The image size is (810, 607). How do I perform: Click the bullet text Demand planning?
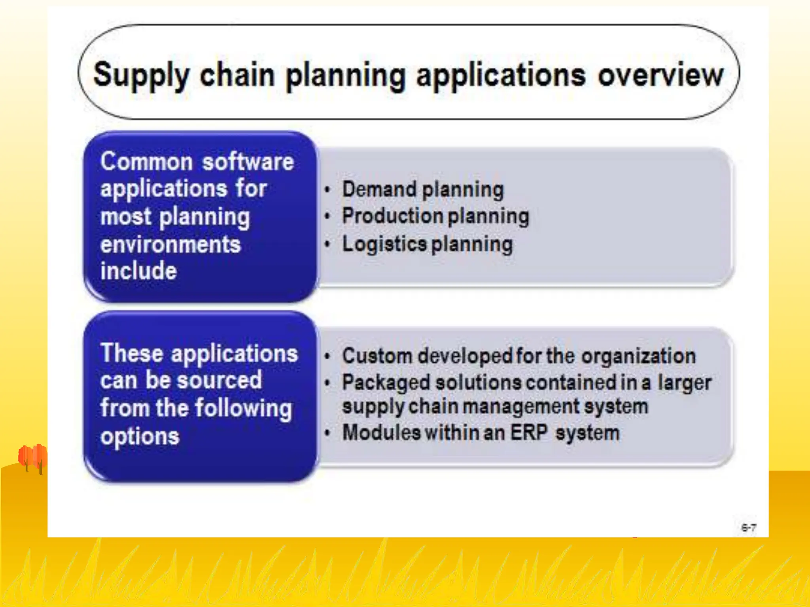[x=422, y=190]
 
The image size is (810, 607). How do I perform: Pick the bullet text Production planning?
[x=435, y=216]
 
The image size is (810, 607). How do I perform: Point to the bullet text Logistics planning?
[x=427, y=244]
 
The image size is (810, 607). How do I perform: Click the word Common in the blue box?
[x=146, y=162]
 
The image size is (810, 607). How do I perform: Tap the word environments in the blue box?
[x=170, y=245]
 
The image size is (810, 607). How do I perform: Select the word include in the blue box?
[x=138, y=271]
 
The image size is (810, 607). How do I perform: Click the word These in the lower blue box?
[x=131, y=353]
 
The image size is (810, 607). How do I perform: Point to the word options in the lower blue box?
[x=140, y=437]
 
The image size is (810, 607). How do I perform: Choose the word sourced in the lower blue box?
[x=219, y=380]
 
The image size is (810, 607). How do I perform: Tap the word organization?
[x=638, y=356]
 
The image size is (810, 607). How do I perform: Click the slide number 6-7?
[x=749, y=528]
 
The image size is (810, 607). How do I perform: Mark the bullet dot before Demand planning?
[x=327, y=190]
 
